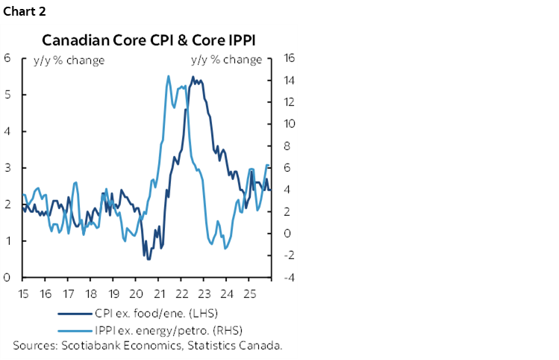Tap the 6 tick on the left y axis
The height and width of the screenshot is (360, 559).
click(x=6, y=58)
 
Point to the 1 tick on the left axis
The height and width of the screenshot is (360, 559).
click(x=6, y=241)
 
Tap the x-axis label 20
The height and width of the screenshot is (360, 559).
click(x=137, y=293)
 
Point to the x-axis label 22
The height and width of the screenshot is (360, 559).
click(x=183, y=293)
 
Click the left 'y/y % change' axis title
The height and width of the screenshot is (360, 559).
click(x=68, y=60)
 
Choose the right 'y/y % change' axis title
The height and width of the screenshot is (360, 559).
click(x=227, y=60)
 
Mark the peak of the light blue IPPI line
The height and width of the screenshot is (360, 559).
click(x=168, y=75)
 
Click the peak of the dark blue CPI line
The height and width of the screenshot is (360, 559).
click(x=193, y=77)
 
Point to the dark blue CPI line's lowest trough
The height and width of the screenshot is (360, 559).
click(x=149, y=258)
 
